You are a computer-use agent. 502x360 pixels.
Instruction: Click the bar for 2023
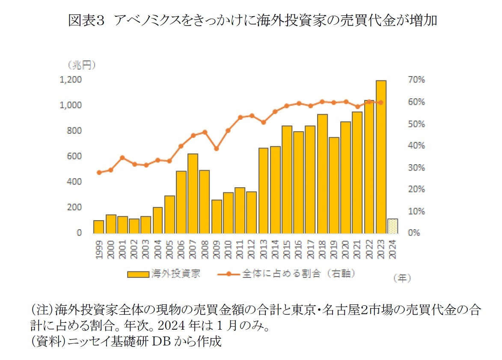[381, 157]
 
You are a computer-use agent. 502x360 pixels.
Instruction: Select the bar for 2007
[193, 194]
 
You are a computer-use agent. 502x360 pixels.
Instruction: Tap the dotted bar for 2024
[392, 226]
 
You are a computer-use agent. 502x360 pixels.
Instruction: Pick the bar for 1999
[99, 227]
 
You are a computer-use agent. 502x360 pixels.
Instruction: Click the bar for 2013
[263, 191]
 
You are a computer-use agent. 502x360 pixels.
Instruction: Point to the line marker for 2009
[217, 149]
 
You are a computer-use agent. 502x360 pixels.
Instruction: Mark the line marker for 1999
[99, 173]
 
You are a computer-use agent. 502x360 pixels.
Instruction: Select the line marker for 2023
[380, 103]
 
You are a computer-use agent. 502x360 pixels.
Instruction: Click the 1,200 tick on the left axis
[71, 80]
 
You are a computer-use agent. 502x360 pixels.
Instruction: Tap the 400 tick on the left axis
[74, 182]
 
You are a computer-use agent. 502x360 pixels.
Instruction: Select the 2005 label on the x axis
[169, 251]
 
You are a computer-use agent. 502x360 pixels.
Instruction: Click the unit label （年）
[402, 278]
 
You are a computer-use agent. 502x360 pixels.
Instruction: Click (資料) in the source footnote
[42, 342]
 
